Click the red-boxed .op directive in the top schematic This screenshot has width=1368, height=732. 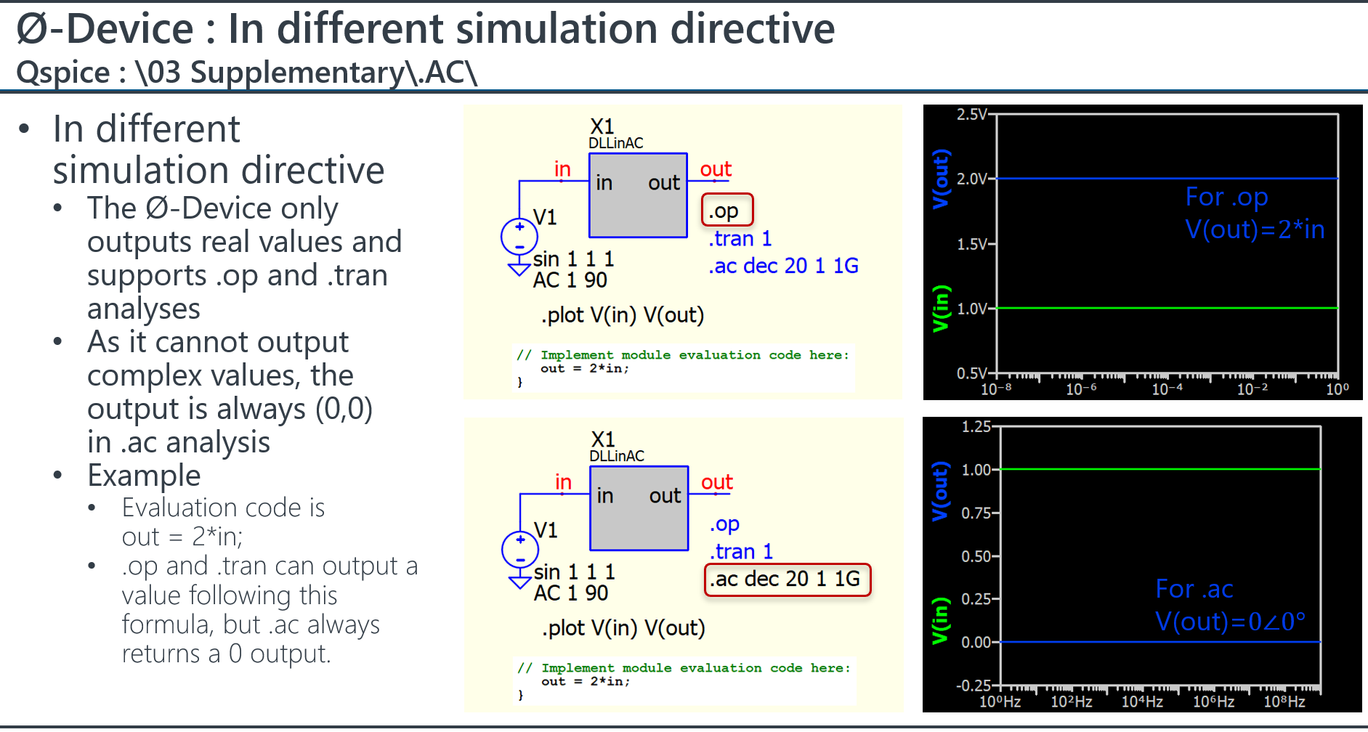727,211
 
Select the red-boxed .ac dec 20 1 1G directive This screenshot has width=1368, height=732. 788,579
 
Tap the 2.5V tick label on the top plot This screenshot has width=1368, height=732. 972,115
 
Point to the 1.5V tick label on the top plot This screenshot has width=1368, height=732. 972,244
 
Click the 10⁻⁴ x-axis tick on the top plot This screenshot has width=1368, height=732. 1167,389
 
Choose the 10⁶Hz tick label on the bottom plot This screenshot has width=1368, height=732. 1213,701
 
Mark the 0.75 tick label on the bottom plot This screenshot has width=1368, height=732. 976,513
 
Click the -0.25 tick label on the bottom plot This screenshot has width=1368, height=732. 974,686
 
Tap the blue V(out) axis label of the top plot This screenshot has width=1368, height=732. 941,179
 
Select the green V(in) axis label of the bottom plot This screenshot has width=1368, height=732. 941,621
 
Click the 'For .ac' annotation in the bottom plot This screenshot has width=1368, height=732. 1194,589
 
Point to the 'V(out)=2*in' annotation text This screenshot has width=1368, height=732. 1255,229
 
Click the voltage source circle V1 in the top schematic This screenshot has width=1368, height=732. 519,236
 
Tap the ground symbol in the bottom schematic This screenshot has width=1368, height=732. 520,582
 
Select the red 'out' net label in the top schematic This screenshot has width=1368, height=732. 716,169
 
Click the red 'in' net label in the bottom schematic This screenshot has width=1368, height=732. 563,482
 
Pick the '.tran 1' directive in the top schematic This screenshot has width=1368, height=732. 740,238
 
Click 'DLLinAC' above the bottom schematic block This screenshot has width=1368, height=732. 617,456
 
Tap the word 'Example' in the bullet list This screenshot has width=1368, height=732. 144,476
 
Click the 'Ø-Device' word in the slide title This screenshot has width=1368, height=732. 105,29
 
